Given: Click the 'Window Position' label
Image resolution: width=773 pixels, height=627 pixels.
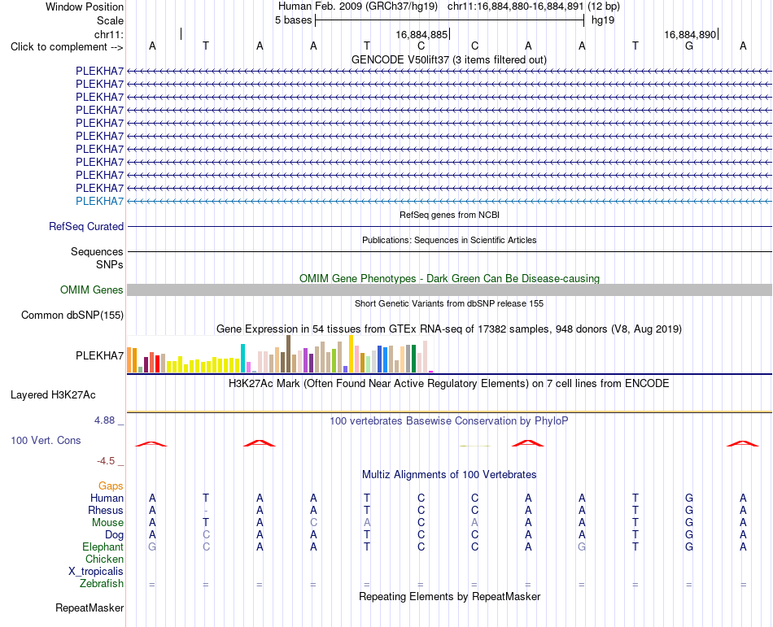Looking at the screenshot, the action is tap(85, 7).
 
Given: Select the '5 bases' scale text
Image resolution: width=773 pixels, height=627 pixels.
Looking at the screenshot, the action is tap(293, 20).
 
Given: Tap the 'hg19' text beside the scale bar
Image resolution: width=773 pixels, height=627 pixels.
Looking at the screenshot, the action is tap(603, 20).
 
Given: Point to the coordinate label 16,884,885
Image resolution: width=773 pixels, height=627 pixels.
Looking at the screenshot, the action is tap(421, 34).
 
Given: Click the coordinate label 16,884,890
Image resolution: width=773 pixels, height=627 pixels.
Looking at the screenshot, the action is tap(690, 34).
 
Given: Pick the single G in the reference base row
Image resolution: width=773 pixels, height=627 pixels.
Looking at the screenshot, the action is tap(689, 46).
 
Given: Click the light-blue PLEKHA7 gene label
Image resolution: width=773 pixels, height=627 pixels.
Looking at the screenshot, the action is tap(99, 201).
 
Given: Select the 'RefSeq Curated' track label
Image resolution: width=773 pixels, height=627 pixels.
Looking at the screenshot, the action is tap(86, 227).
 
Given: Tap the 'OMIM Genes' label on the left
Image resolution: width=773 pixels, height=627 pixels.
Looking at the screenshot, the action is tap(92, 290).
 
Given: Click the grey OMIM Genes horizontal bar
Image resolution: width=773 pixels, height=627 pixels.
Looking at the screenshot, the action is tap(449, 290).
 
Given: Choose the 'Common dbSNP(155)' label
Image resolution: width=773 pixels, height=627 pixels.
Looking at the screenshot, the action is tap(72, 316).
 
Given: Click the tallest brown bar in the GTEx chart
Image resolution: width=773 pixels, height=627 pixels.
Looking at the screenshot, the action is tap(288, 354).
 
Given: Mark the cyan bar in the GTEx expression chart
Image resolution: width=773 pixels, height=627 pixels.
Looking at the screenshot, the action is tap(242, 358).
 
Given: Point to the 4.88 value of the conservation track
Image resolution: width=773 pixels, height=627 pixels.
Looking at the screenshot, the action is tap(104, 420).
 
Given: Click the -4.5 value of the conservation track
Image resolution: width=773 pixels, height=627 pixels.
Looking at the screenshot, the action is tap(106, 461).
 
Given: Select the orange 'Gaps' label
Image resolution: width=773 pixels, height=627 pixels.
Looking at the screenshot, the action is tap(111, 486).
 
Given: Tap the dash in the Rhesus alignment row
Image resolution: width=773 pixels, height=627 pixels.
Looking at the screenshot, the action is tap(206, 511).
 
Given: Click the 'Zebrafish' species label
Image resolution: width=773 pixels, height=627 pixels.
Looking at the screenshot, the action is tap(102, 584).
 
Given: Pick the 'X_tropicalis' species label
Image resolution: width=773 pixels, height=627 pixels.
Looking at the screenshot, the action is tap(96, 572).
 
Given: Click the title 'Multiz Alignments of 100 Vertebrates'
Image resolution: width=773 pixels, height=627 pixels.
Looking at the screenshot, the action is tap(449, 475).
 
